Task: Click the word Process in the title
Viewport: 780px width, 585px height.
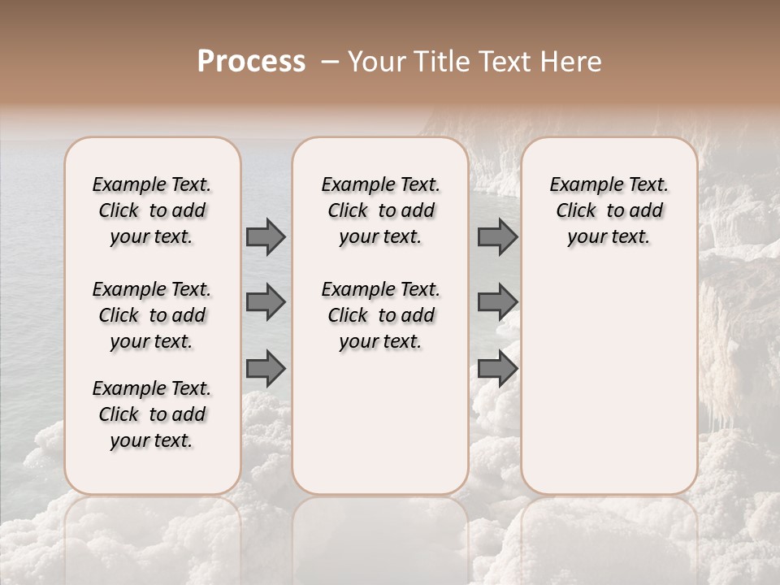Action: (251, 62)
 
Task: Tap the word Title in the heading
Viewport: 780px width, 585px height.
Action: (434, 62)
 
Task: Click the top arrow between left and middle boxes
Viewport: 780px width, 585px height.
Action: (266, 236)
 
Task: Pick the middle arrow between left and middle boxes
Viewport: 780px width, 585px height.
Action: (266, 302)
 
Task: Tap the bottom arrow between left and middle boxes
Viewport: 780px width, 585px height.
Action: (266, 369)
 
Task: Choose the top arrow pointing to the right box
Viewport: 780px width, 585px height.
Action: (497, 236)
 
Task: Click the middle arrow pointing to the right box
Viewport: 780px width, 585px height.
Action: (497, 302)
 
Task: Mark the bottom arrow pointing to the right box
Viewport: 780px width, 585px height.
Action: (497, 369)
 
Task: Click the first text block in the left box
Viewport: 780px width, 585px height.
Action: (152, 210)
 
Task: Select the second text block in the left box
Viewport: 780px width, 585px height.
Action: (152, 315)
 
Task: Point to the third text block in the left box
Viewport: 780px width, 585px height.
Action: (152, 414)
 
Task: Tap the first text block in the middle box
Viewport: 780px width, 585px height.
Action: (381, 210)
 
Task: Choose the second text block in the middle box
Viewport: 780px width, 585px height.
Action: (381, 315)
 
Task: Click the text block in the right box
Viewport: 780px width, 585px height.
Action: (609, 210)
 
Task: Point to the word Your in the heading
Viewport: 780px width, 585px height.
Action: (374, 62)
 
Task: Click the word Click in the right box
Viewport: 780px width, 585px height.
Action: (576, 210)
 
